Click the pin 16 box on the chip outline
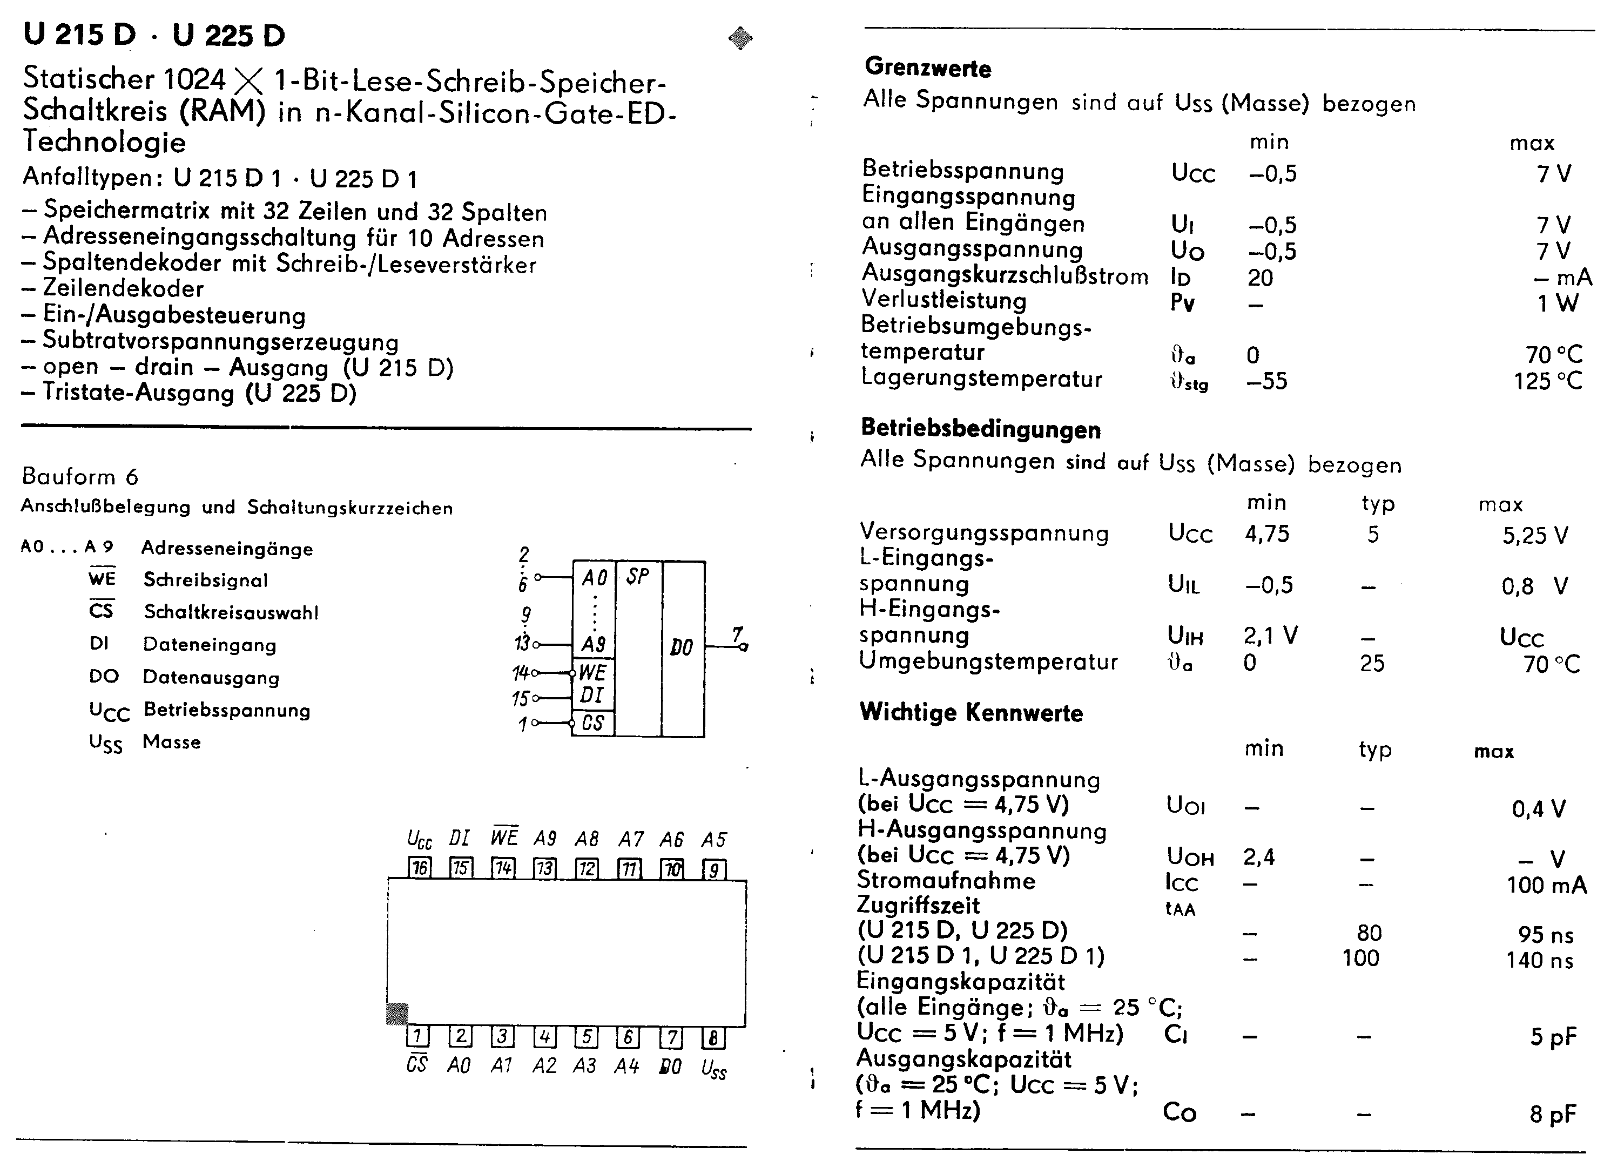point(420,868)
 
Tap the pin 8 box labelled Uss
point(713,1037)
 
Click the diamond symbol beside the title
point(740,38)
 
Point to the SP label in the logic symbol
point(637,577)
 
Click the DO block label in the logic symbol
point(681,647)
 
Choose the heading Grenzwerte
point(927,68)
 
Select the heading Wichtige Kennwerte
point(971,712)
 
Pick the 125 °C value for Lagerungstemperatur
point(1547,382)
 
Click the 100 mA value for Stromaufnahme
point(1546,885)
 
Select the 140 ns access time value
point(1539,960)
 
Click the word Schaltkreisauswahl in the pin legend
point(231,612)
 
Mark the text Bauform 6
point(80,477)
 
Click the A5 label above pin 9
point(713,839)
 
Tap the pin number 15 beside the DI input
point(520,699)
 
